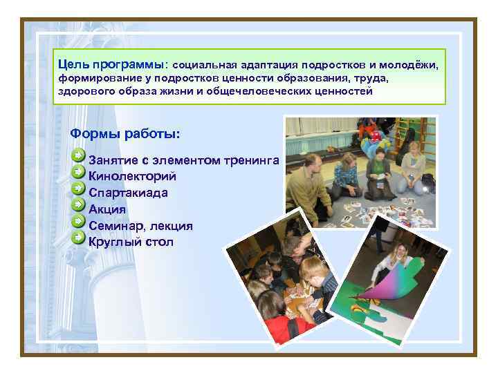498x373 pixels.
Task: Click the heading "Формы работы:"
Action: coord(125,133)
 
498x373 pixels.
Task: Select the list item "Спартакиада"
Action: coord(128,193)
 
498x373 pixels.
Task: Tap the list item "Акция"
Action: coord(107,209)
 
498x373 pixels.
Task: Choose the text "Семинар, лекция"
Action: coord(140,226)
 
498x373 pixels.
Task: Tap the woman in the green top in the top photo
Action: coord(379,170)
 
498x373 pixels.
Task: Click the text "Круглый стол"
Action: coord(131,242)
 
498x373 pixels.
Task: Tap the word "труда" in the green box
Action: coord(373,77)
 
